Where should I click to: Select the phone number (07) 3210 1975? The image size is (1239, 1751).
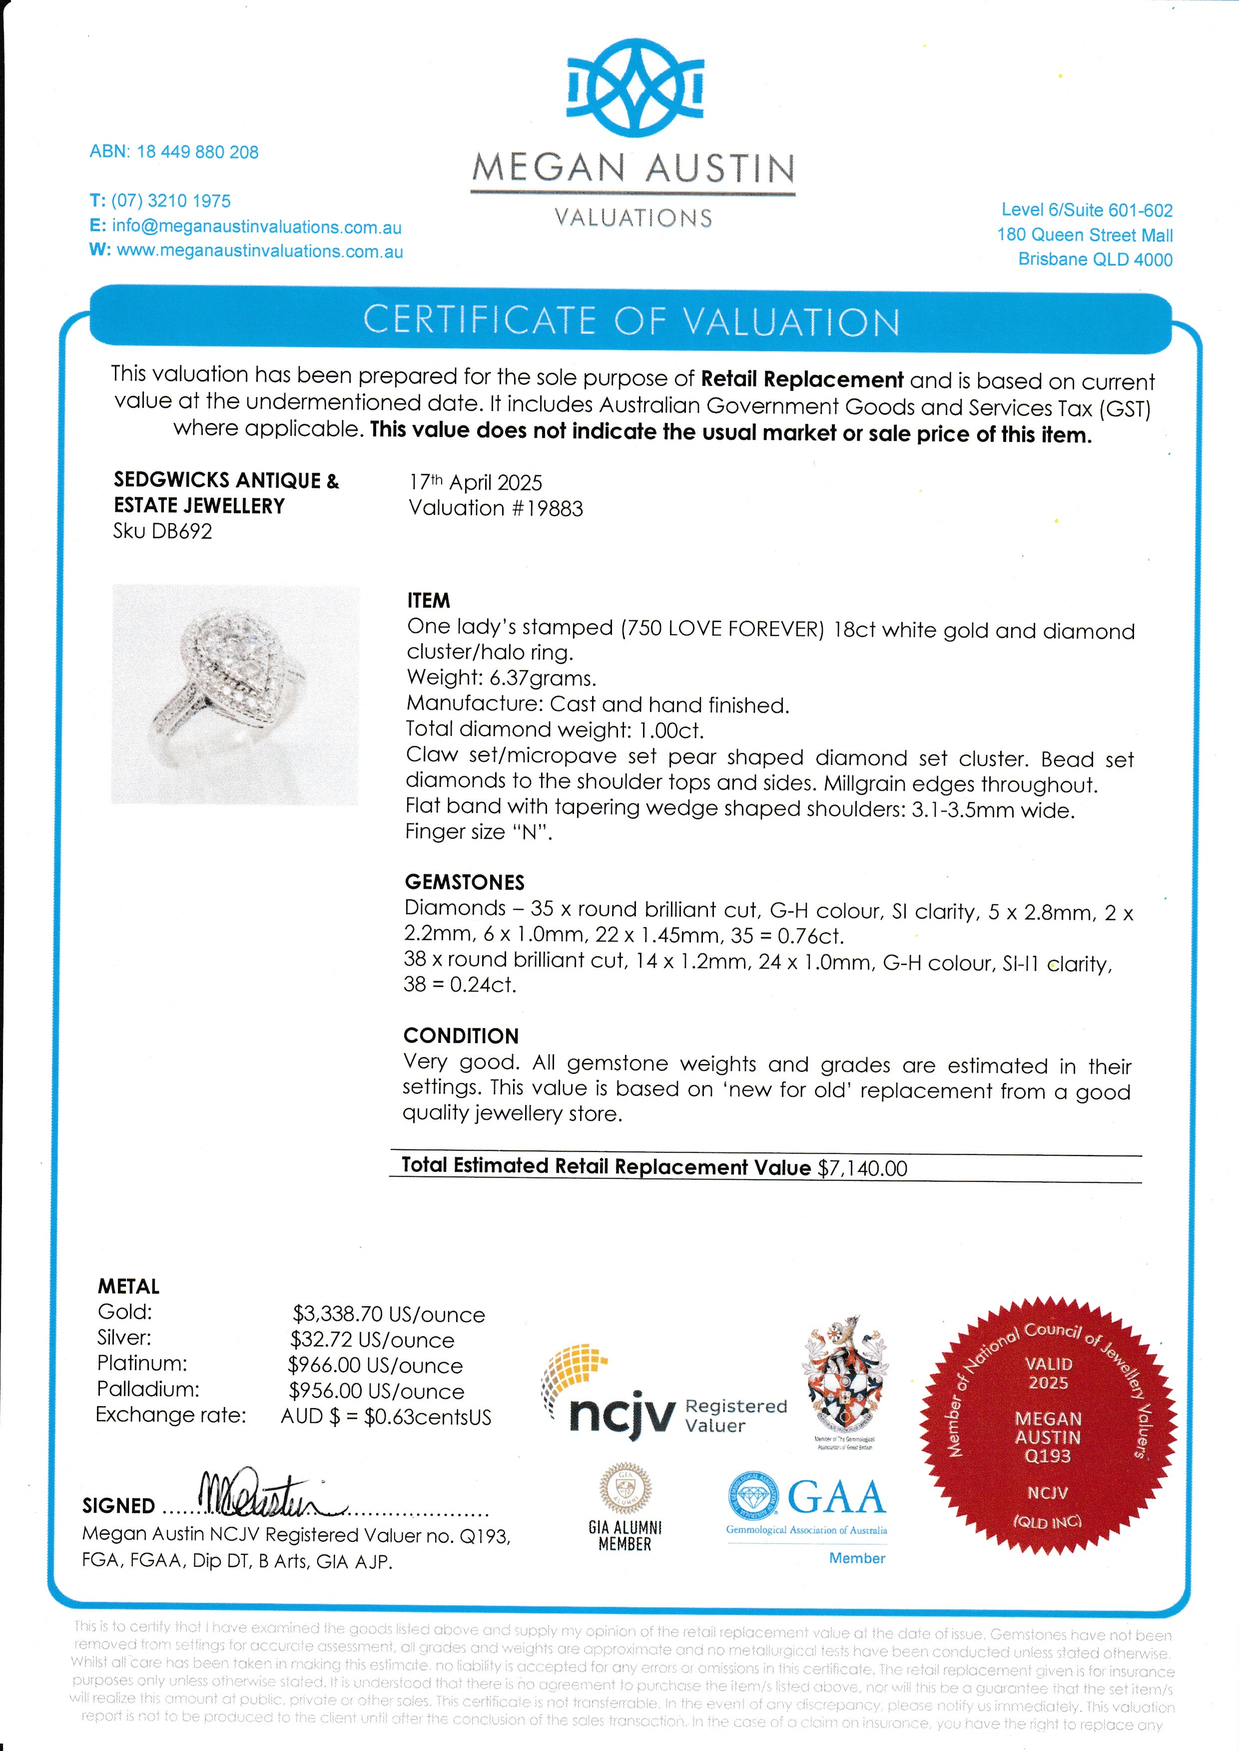pyautogui.click(x=170, y=201)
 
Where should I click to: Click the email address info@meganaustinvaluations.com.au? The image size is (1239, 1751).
pyautogui.click(x=256, y=227)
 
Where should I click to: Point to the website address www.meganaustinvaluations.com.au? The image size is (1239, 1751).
pyautogui.click(x=259, y=251)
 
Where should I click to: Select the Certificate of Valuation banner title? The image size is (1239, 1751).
pyautogui.click(x=631, y=321)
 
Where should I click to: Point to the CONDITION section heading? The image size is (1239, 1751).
pyautogui.click(x=461, y=1036)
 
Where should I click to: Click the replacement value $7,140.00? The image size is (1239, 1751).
pyautogui.click(x=862, y=1168)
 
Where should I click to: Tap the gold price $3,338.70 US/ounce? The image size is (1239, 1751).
pyautogui.click(x=388, y=1315)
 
